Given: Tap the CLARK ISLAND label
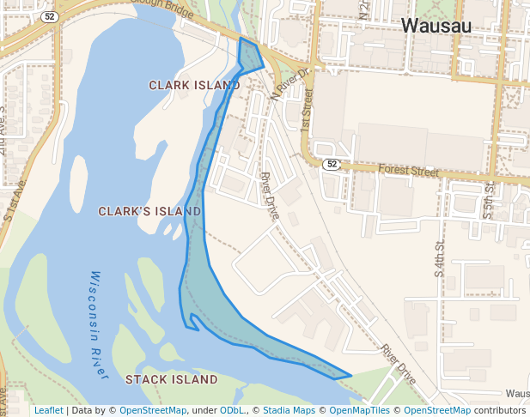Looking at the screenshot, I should [x=194, y=85].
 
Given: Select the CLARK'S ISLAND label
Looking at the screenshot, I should [x=149, y=211].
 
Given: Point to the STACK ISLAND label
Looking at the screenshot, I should [x=172, y=379].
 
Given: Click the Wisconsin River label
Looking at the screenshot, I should [x=99, y=325].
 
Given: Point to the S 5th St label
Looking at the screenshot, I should [x=489, y=199].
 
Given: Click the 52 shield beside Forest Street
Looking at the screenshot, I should [x=332, y=164].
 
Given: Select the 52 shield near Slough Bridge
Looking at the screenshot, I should [x=51, y=17].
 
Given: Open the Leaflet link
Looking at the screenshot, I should [x=49, y=410].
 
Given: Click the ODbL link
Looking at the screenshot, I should [x=231, y=410].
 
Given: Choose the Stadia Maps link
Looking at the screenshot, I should [x=289, y=410].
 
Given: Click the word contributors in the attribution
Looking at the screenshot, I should [x=500, y=410].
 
